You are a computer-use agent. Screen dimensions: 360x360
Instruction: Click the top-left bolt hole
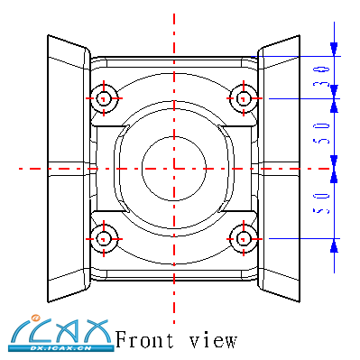104,98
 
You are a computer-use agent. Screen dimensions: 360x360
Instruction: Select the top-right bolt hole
244,98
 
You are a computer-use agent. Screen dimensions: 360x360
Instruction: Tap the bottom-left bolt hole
104,239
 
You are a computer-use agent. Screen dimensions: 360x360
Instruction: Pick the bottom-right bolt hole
244,239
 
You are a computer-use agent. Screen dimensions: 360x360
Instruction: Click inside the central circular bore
174,169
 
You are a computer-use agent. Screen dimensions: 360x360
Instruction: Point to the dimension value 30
320,77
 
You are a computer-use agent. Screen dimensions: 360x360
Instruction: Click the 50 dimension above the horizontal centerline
320,134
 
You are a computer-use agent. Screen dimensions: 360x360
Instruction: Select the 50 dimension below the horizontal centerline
320,204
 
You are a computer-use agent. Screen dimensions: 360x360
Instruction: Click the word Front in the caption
144,339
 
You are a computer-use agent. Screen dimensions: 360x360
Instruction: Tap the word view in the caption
213,340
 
